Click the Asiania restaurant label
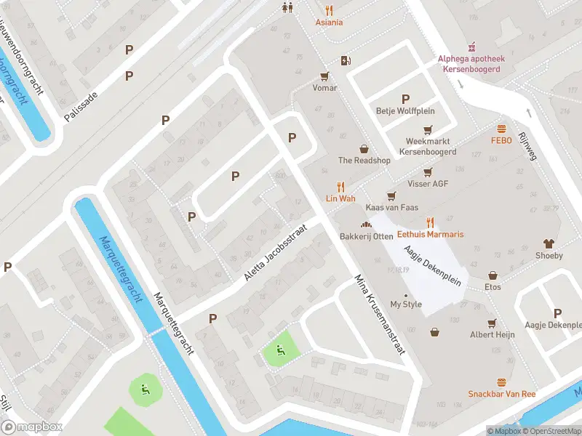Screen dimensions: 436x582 (329, 23)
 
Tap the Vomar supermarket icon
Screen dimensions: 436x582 (324, 75)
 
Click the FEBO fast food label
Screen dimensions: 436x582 (501, 140)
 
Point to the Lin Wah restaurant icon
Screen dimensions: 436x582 (340, 187)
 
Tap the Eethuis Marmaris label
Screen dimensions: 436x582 (430, 235)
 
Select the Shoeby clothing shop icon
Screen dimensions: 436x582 (549, 243)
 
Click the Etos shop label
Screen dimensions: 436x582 (493, 287)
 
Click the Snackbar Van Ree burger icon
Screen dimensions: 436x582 (501, 382)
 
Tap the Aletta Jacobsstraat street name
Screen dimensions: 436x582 (276, 254)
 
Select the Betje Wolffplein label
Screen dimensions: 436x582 (405, 111)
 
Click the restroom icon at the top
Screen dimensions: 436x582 (287, 7)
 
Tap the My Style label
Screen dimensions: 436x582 (406, 304)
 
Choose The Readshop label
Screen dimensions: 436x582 (364, 161)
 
